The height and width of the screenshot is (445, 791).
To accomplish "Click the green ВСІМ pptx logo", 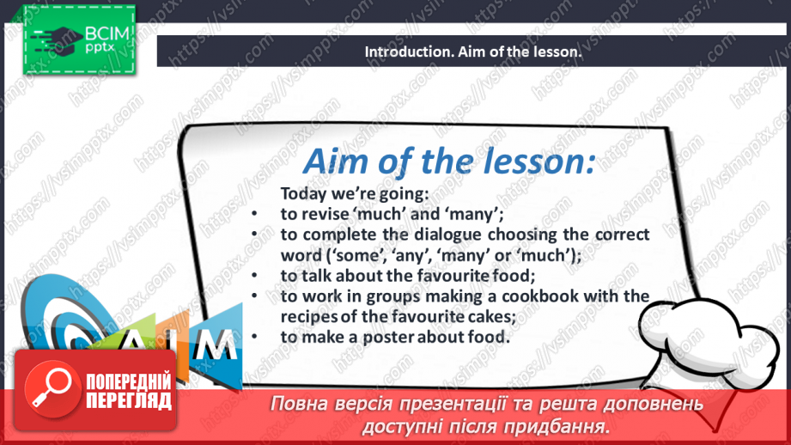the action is point(79,40).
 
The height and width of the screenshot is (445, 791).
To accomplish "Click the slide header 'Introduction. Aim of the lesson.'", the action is point(473,52).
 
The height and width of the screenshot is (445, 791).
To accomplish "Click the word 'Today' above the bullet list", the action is point(303,194).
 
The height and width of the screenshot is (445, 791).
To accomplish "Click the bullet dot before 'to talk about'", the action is point(254,276).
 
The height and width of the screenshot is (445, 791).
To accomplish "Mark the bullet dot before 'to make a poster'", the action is point(254,337).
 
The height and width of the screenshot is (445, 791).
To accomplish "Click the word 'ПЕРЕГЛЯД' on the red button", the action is point(129,401).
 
